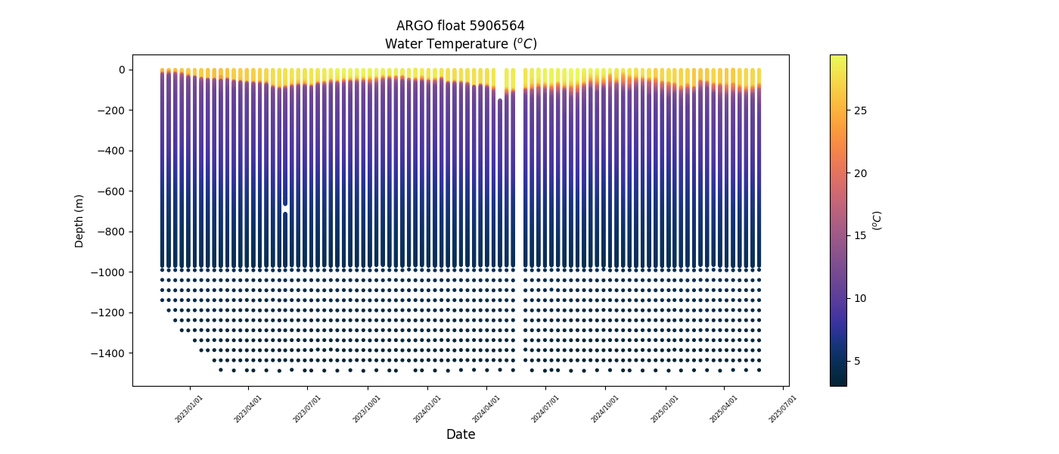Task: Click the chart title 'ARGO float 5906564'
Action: (x=460, y=26)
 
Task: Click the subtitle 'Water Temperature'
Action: (x=460, y=44)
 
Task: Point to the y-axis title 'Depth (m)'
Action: (x=79, y=220)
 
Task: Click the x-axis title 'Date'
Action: (x=460, y=434)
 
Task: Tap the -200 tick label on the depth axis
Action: (x=112, y=110)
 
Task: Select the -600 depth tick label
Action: (x=112, y=191)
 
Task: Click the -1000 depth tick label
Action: (x=110, y=272)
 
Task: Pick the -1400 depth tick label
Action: (x=110, y=353)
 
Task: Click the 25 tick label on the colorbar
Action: (x=860, y=110)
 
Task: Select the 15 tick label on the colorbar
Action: (x=860, y=236)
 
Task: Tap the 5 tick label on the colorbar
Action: (x=857, y=361)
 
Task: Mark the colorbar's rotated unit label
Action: (x=877, y=220)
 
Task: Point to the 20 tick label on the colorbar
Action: (x=860, y=173)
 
